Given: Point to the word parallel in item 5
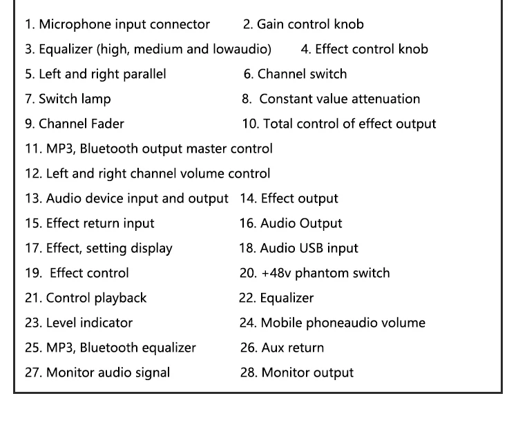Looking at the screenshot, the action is click(x=144, y=75).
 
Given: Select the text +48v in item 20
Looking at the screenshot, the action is click(x=276, y=274).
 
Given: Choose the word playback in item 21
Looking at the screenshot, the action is click(x=120, y=298).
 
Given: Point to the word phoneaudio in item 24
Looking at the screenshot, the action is click(x=341, y=323).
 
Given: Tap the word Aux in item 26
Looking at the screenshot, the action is click(x=271, y=348).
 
